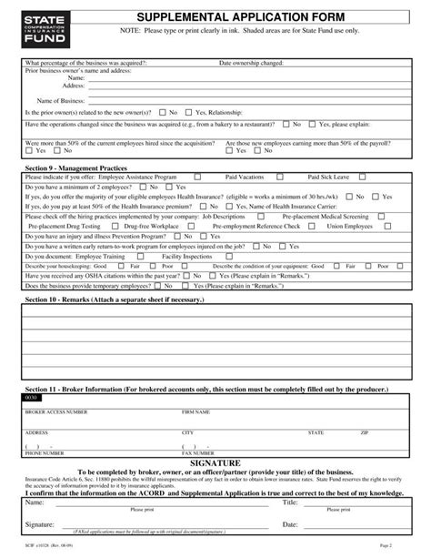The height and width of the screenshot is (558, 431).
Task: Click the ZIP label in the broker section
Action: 364,432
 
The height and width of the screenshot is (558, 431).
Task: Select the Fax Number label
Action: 198,452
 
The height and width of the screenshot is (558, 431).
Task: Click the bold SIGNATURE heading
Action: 215,462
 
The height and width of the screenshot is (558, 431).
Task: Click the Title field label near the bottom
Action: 289,502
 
